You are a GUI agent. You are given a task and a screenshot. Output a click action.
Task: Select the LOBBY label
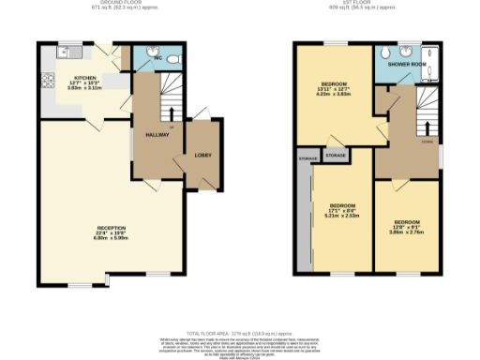click(x=202, y=155)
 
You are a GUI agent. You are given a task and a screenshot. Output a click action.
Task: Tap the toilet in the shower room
click(x=404, y=49)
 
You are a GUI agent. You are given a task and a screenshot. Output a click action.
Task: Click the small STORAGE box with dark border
click(x=335, y=154)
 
